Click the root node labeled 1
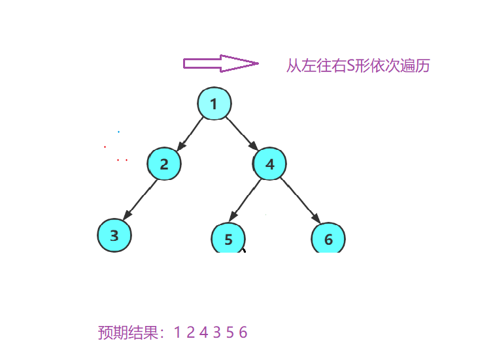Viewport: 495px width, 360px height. [x=214, y=103]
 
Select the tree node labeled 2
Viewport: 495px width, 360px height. [x=163, y=164]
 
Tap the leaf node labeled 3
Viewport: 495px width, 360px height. [x=114, y=236]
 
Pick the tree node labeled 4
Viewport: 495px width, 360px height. [x=270, y=164]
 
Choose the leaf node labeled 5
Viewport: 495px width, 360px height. [x=228, y=239]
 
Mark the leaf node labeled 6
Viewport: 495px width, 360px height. [x=328, y=239]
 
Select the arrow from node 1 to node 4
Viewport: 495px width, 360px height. [x=241, y=132]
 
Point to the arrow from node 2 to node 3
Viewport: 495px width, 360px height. [x=140, y=200]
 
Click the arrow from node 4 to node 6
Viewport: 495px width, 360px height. [x=300, y=201]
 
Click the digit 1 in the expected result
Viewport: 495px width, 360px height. [x=177, y=333]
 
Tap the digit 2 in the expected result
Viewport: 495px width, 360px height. [x=190, y=333]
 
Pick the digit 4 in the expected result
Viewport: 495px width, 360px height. [x=203, y=333]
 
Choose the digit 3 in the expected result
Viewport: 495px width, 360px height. [x=216, y=333]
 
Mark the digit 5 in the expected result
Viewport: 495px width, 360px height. [x=230, y=333]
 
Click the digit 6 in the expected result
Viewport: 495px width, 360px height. [x=243, y=333]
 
